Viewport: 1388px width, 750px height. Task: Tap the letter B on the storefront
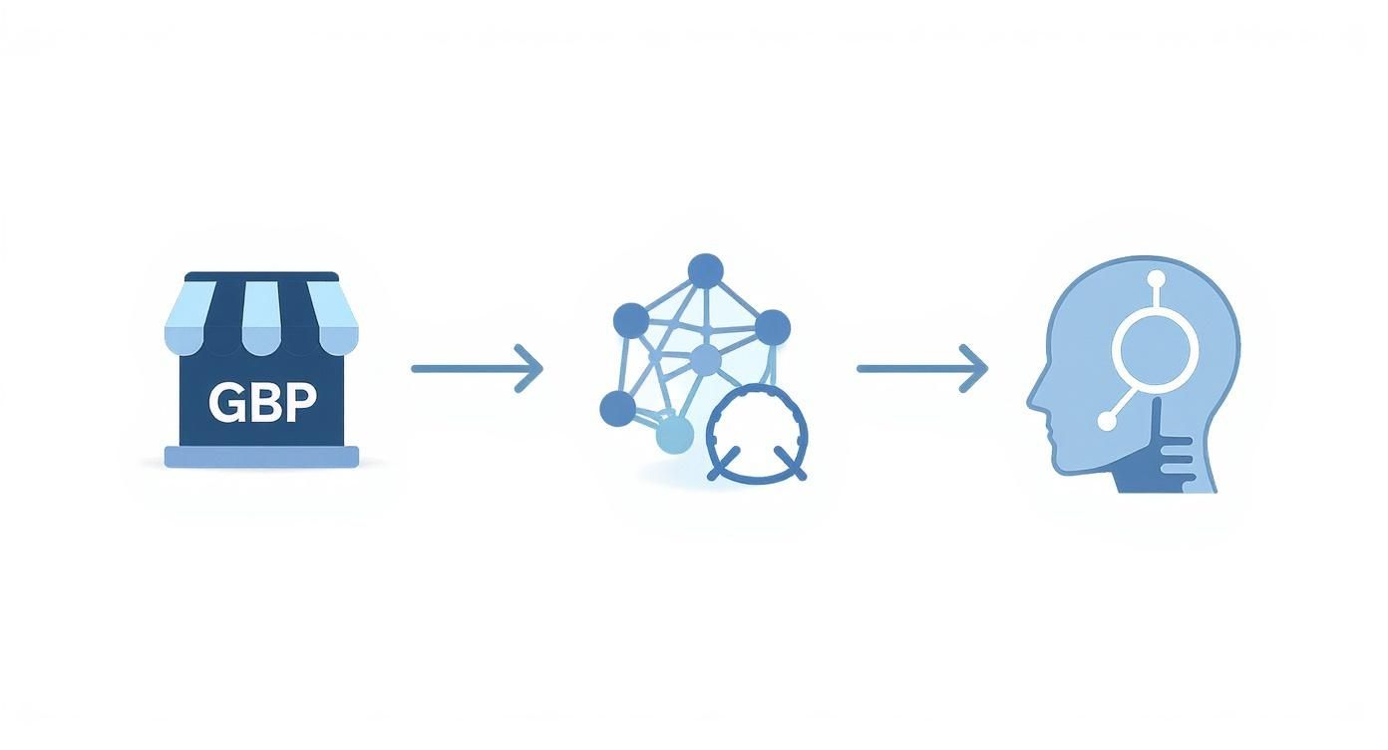point(262,402)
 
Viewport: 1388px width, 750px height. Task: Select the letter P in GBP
point(298,402)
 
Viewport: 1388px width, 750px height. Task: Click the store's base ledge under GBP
point(261,457)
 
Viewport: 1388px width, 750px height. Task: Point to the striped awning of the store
point(261,317)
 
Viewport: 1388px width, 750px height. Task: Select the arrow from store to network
point(477,368)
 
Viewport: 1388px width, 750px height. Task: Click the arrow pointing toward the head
point(922,368)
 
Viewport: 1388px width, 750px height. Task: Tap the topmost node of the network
point(705,270)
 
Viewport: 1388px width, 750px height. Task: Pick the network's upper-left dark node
point(630,320)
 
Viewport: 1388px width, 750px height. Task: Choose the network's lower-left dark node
point(617,407)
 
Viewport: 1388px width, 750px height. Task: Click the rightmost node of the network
point(772,326)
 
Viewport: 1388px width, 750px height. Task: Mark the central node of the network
point(705,360)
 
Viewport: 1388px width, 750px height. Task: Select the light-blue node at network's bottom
point(675,435)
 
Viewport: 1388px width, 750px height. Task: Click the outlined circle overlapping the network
point(758,435)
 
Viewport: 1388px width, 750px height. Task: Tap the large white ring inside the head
point(1154,350)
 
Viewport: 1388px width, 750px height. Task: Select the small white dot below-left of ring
point(1107,422)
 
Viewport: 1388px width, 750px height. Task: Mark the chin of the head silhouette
point(1063,469)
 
